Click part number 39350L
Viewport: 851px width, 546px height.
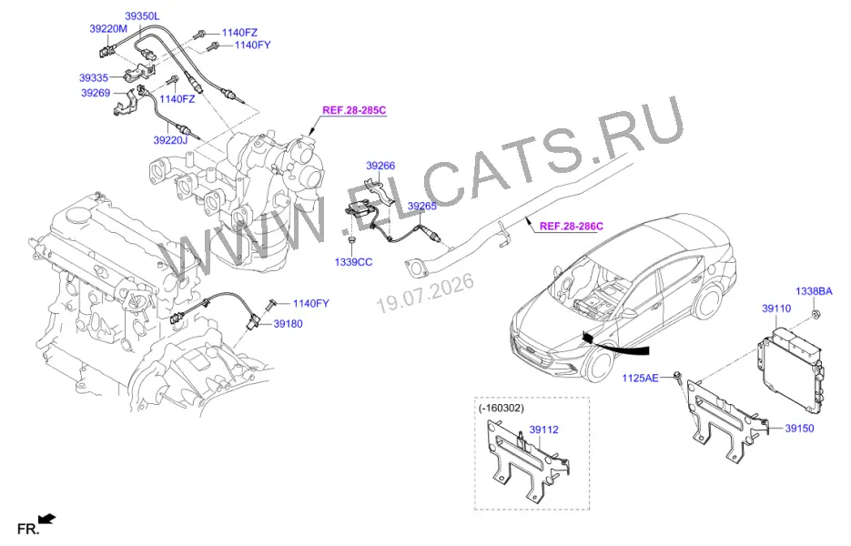(x=142, y=16)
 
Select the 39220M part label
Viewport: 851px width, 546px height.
(x=108, y=29)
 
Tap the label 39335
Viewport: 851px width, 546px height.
(x=94, y=78)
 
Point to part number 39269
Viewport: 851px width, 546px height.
(x=96, y=93)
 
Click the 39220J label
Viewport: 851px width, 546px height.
(x=170, y=140)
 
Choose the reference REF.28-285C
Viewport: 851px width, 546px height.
(x=354, y=110)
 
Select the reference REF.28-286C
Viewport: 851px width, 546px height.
(x=572, y=226)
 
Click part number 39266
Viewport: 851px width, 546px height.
(x=380, y=166)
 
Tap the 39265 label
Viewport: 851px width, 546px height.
(x=422, y=207)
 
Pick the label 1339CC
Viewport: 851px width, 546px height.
(x=353, y=262)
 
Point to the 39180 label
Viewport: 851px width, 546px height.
(x=288, y=324)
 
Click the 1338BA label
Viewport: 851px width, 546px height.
(x=814, y=291)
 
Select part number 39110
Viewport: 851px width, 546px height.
(x=776, y=308)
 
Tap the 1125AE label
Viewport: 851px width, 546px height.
(x=640, y=378)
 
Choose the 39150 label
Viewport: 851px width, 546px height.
(x=799, y=429)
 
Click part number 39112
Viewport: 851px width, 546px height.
(x=543, y=430)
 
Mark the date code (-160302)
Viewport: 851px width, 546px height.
(x=501, y=408)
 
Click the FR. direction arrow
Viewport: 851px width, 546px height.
(x=47, y=519)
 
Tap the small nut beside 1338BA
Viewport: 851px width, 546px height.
(x=816, y=313)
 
